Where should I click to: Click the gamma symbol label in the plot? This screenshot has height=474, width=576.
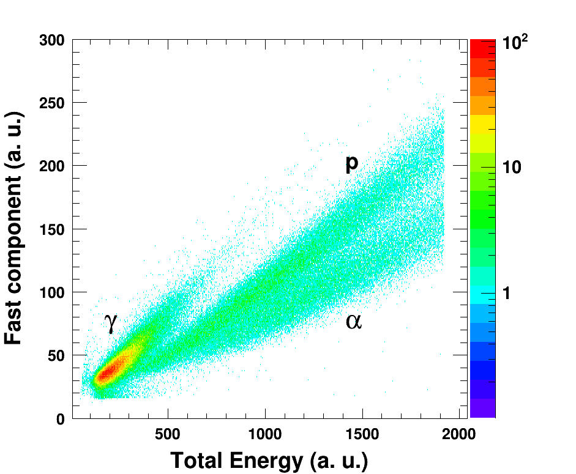[x=110, y=322]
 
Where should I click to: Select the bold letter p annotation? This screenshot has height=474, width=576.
[x=351, y=163]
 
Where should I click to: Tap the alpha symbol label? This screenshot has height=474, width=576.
[x=354, y=320]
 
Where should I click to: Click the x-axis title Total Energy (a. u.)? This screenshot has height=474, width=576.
[x=269, y=460]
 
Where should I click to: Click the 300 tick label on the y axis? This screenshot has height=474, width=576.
[x=51, y=41]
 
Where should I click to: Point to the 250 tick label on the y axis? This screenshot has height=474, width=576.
[x=51, y=103]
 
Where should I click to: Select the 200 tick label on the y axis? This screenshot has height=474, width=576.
[x=51, y=166]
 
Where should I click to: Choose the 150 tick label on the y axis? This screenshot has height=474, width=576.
[x=51, y=229]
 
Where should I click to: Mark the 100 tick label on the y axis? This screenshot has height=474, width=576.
[x=51, y=292]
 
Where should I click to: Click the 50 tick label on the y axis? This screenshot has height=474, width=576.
[x=56, y=355]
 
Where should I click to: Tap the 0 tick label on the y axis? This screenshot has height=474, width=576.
[x=61, y=419]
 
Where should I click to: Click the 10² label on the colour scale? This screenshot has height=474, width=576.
[x=515, y=43]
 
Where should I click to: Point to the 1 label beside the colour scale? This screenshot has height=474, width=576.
[x=506, y=294]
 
